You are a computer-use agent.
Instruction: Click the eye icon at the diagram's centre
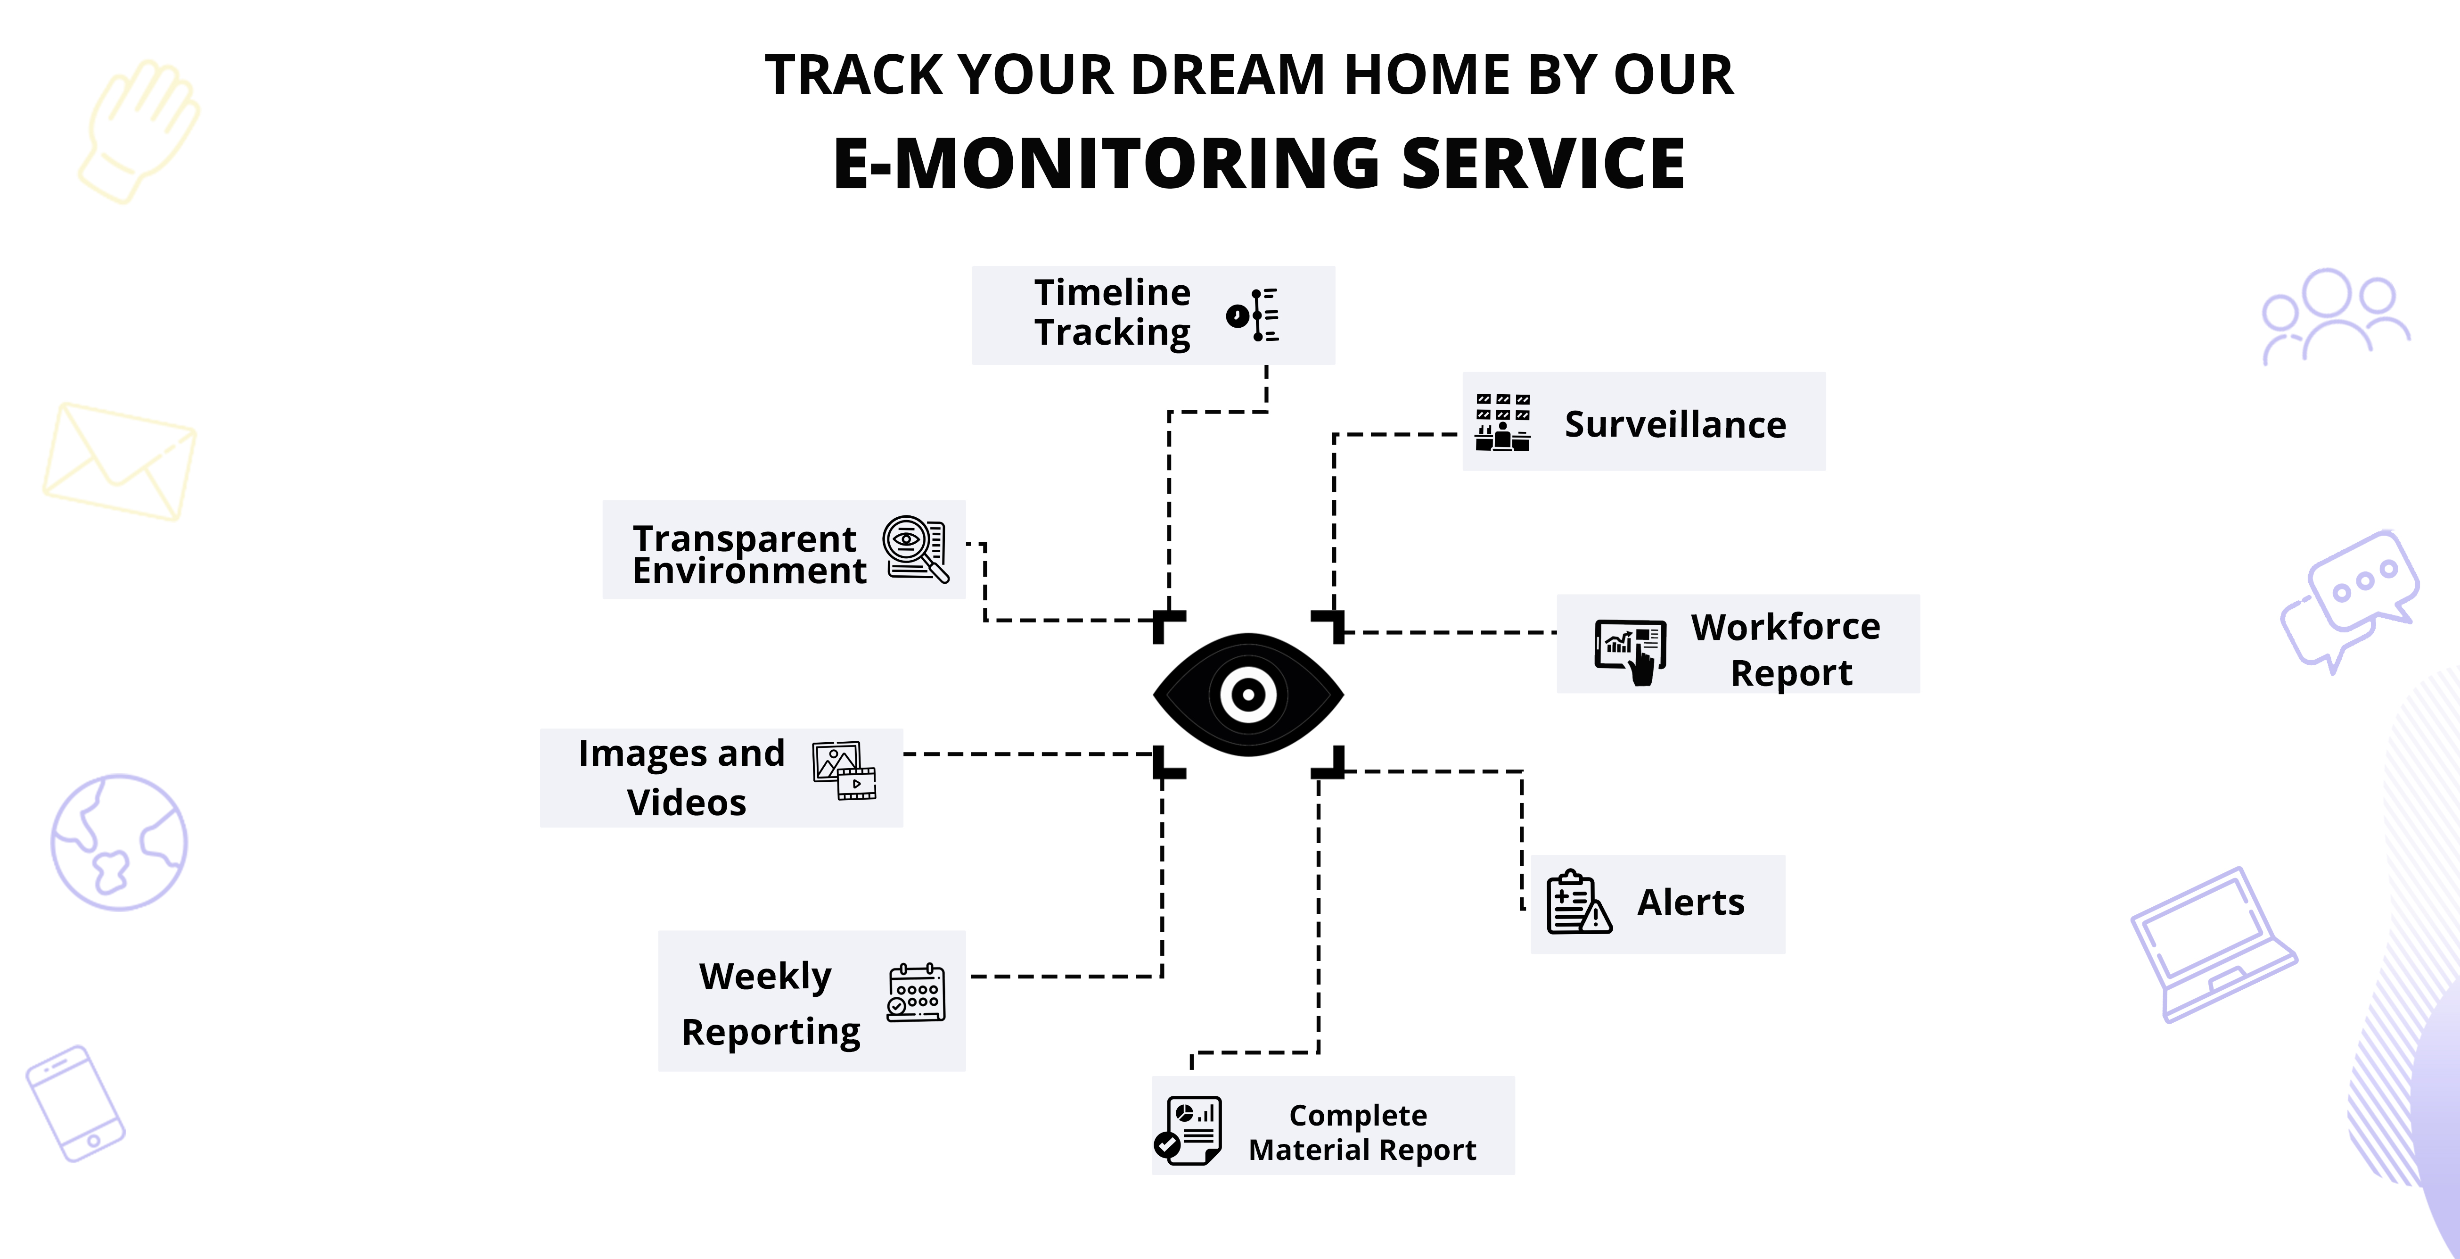coord(1248,695)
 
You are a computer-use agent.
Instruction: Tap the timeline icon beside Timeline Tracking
coord(1253,315)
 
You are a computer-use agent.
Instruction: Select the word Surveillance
coord(1675,424)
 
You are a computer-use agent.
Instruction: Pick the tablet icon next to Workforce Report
coord(1630,650)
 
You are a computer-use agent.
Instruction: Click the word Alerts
coord(1690,903)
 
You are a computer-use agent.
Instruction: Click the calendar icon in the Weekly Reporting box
coord(916,994)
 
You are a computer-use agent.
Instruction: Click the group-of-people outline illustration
coord(2334,315)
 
